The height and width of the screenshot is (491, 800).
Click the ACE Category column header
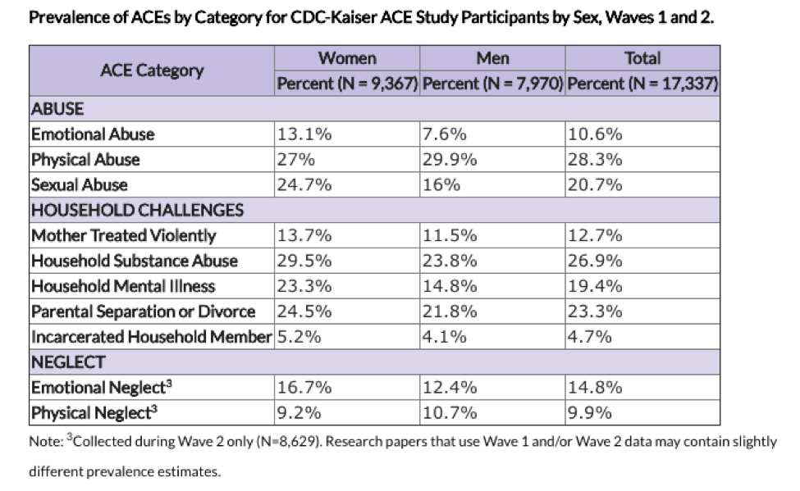click(152, 70)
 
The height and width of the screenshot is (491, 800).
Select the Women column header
click(347, 58)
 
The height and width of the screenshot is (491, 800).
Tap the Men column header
click(492, 58)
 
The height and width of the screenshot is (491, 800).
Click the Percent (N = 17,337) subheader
click(642, 83)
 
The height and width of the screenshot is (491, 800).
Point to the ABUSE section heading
click(57, 108)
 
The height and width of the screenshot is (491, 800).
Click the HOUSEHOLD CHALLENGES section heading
click(137, 210)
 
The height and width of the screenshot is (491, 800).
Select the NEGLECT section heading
click(68, 362)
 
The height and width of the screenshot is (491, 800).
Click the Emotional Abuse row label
click(93, 134)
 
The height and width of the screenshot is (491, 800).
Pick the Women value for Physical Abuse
click(295, 160)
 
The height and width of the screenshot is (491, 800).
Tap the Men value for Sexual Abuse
click(441, 184)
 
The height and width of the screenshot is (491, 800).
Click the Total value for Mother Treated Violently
click(594, 235)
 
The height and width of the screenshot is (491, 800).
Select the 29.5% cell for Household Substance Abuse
click(304, 261)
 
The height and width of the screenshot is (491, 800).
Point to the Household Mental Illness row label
click(123, 286)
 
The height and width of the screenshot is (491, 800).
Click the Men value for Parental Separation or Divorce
click(449, 311)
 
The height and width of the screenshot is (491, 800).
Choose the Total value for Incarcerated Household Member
click(589, 337)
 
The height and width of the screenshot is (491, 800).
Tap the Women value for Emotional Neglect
click(304, 388)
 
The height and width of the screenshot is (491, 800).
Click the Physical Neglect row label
click(94, 412)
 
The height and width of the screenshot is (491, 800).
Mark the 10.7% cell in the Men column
click(449, 412)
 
